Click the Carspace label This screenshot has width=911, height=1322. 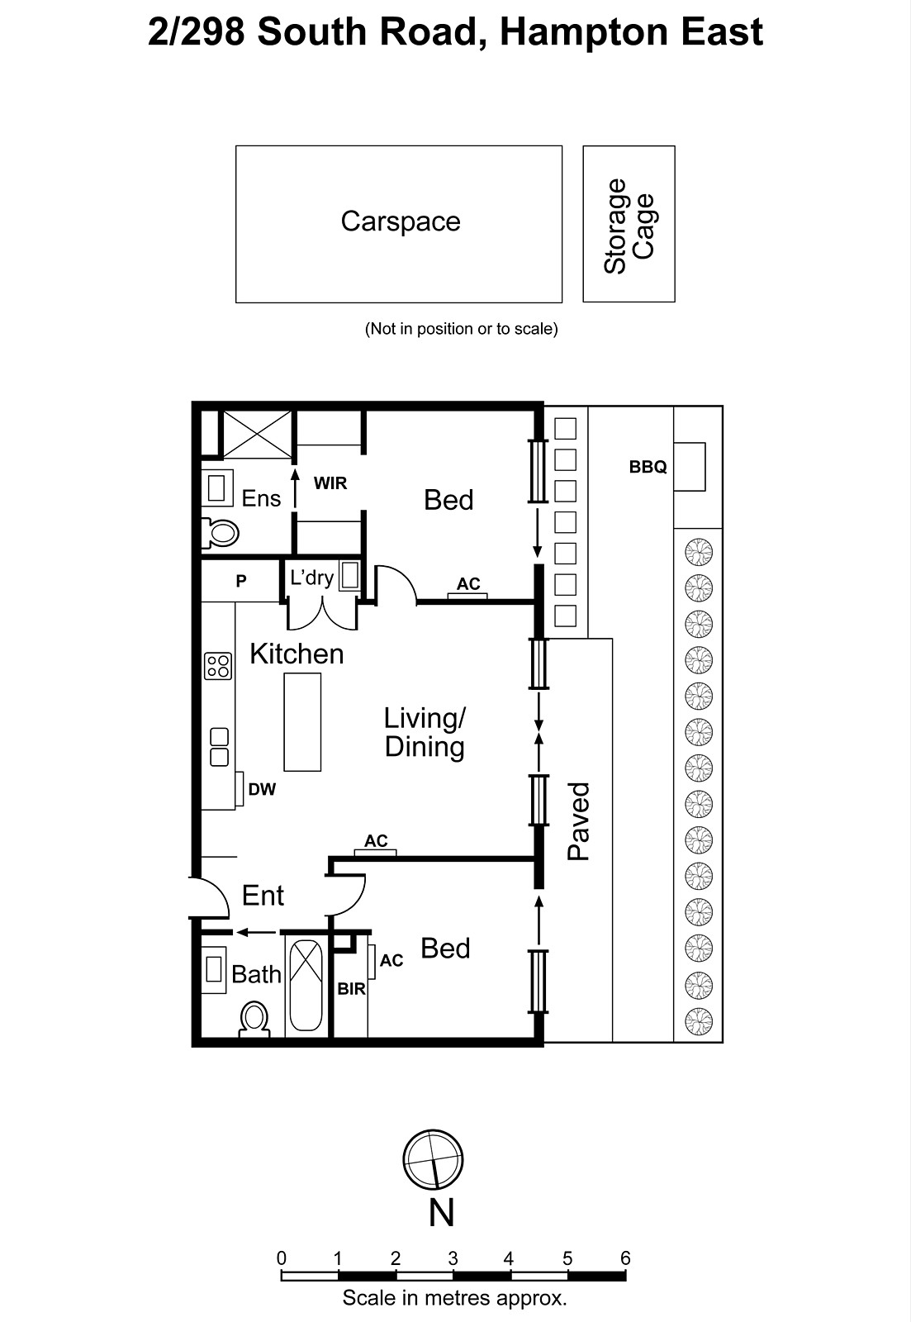pos(401,221)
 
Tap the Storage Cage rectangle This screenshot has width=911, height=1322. pos(629,224)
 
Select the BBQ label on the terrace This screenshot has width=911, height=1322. pos(648,467)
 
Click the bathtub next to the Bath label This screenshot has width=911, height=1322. pos(306,983)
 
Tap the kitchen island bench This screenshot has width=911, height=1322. pos(302,721)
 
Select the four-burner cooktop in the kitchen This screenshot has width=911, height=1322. pos(218,666)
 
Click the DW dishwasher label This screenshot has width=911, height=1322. pos(262,790)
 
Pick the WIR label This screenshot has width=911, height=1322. pos(330,483)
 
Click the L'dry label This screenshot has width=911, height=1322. pos(311,578)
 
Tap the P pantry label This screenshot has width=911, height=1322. pos(241,582)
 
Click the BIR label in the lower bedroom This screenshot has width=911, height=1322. pos(351,989)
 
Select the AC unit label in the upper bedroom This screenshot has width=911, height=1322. pos(468,584)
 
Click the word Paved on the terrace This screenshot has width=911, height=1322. pos(580,821)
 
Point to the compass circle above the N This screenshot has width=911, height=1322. pos(433,1160)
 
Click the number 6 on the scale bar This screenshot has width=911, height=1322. pos(625,1258)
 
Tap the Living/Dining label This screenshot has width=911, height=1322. pos(425,732)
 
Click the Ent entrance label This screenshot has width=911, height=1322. pos(263,896)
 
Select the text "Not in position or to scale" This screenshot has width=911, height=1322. pos(462,329)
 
